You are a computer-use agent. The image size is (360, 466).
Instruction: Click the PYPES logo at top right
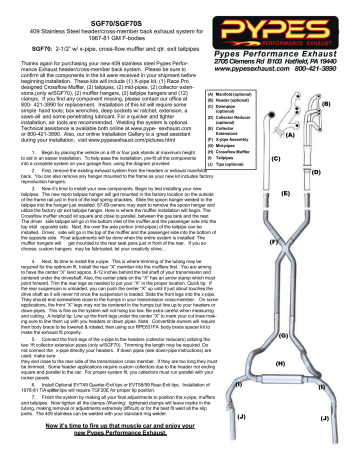point(297,30)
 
